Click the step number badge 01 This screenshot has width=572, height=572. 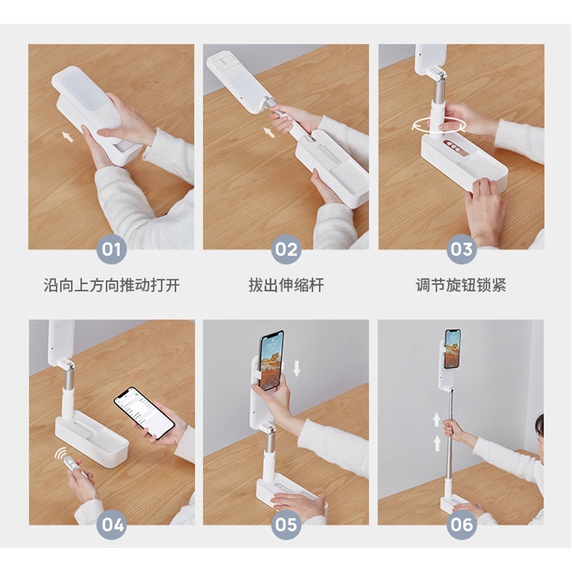[111, 249]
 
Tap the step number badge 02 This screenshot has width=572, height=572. [286, 249]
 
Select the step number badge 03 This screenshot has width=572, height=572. [462, 249]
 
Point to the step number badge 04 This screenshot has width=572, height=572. [112, 525]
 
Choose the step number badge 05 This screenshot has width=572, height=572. [286, 525]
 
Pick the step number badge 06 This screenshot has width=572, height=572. [462, 525]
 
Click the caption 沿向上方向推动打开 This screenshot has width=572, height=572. [112, 285]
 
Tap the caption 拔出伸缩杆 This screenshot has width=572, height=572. [286, 285]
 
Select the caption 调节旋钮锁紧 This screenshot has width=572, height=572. [461, 285]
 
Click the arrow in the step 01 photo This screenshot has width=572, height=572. [67, 136]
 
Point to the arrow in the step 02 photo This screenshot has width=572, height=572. [269, 132]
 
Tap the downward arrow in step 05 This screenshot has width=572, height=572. [297, 368]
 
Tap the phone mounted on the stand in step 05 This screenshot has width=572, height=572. [270, 360]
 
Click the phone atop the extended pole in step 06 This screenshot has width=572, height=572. [452, 349]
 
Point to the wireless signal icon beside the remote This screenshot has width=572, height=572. [60, 453]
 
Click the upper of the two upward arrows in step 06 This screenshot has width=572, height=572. [436, 420]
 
